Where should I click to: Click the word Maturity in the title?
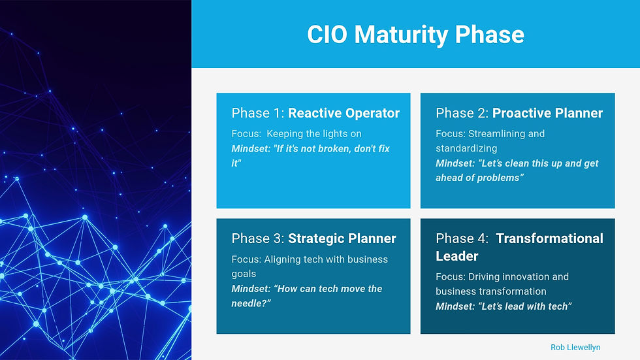coord(401,35)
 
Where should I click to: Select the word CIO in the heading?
coord(327,34)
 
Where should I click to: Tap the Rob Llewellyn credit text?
coord(575,348)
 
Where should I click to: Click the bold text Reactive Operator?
coord(344,113)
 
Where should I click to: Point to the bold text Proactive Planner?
coord(547,113)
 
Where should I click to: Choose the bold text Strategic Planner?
coord(342,238)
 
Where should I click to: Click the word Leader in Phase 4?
coord(456,256)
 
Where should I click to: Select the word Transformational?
coord(549,238)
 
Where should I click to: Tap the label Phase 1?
coord(257,113)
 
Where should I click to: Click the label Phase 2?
coord(462,113)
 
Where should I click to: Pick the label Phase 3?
coord(257,238)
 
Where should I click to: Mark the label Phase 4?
coord(462,238)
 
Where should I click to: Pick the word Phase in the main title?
coord(489,34)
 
